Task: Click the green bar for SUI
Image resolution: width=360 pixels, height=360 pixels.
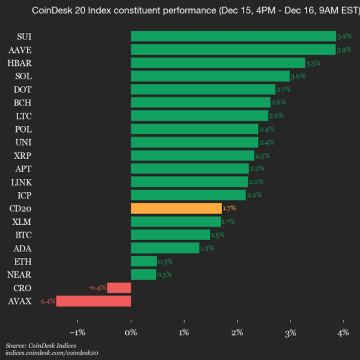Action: click(233, 37)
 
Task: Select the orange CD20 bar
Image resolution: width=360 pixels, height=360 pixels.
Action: click(176, 208)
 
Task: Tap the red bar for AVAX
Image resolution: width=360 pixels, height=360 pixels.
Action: click(94, 301)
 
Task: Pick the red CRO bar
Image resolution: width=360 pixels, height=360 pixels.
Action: click(119, 287)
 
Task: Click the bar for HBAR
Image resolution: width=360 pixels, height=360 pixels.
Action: click(218, 63)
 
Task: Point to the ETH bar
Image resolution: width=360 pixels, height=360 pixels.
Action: click(143, 261)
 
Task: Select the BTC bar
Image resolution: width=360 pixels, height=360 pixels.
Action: click(170, 235)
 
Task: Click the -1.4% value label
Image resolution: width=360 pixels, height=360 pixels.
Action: click(47, 301)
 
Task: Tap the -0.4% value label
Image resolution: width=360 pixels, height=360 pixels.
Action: click(97, 287)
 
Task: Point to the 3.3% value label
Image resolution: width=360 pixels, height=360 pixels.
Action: click(313, 63)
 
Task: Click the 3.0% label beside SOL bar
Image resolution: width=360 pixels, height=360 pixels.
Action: click(298, 76)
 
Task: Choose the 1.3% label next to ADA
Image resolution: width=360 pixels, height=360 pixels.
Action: click(207, 248)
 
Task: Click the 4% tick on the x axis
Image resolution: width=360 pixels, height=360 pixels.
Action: click(343, 332)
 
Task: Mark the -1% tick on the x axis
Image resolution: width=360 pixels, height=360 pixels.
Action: click(77, 332)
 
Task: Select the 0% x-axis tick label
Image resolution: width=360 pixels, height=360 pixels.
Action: click(131, 332)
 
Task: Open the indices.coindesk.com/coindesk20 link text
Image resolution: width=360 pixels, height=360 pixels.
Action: click(52, 354)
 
